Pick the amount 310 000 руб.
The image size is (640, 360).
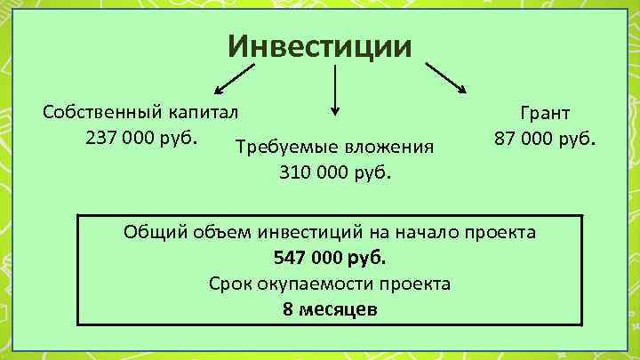[334, 172]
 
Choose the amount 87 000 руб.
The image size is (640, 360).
[545, 140]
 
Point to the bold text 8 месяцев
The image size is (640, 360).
[330, 310]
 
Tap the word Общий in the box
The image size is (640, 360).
[155, 233]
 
